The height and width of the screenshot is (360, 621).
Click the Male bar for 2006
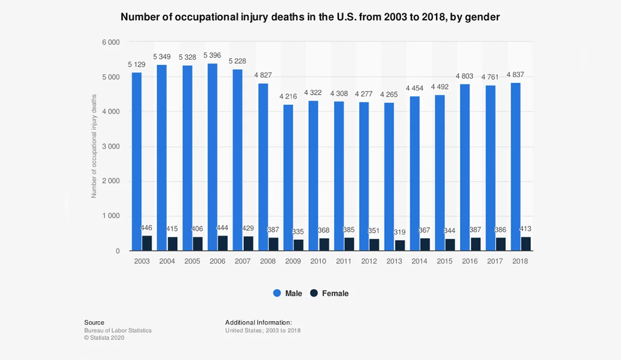[212, 157]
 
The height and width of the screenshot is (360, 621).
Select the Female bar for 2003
[147, 243]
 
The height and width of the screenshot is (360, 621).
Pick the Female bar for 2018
[526, 244]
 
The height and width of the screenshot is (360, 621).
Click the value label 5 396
[213, 55]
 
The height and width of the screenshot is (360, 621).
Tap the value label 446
[147, 228]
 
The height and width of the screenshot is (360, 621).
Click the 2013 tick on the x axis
[394, 261]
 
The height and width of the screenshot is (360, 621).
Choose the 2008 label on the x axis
[268, 261]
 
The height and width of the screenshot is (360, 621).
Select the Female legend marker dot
[314, 293]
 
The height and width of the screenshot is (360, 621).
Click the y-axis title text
[94, 146]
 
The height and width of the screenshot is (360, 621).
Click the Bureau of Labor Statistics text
[118, 331]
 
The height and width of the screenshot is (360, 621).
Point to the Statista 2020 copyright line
[104, 338]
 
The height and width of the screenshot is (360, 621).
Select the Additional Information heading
[258, 323]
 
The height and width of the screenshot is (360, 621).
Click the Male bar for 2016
[465, 168]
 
